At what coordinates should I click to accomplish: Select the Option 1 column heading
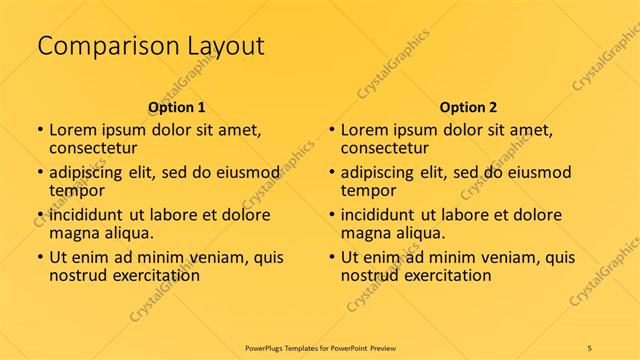tap(176, 106)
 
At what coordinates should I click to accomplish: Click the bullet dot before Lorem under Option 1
tap(40, 130)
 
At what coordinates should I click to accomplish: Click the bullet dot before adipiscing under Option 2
tap(332, 173)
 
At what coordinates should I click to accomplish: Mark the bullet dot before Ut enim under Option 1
tap(40, 257)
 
